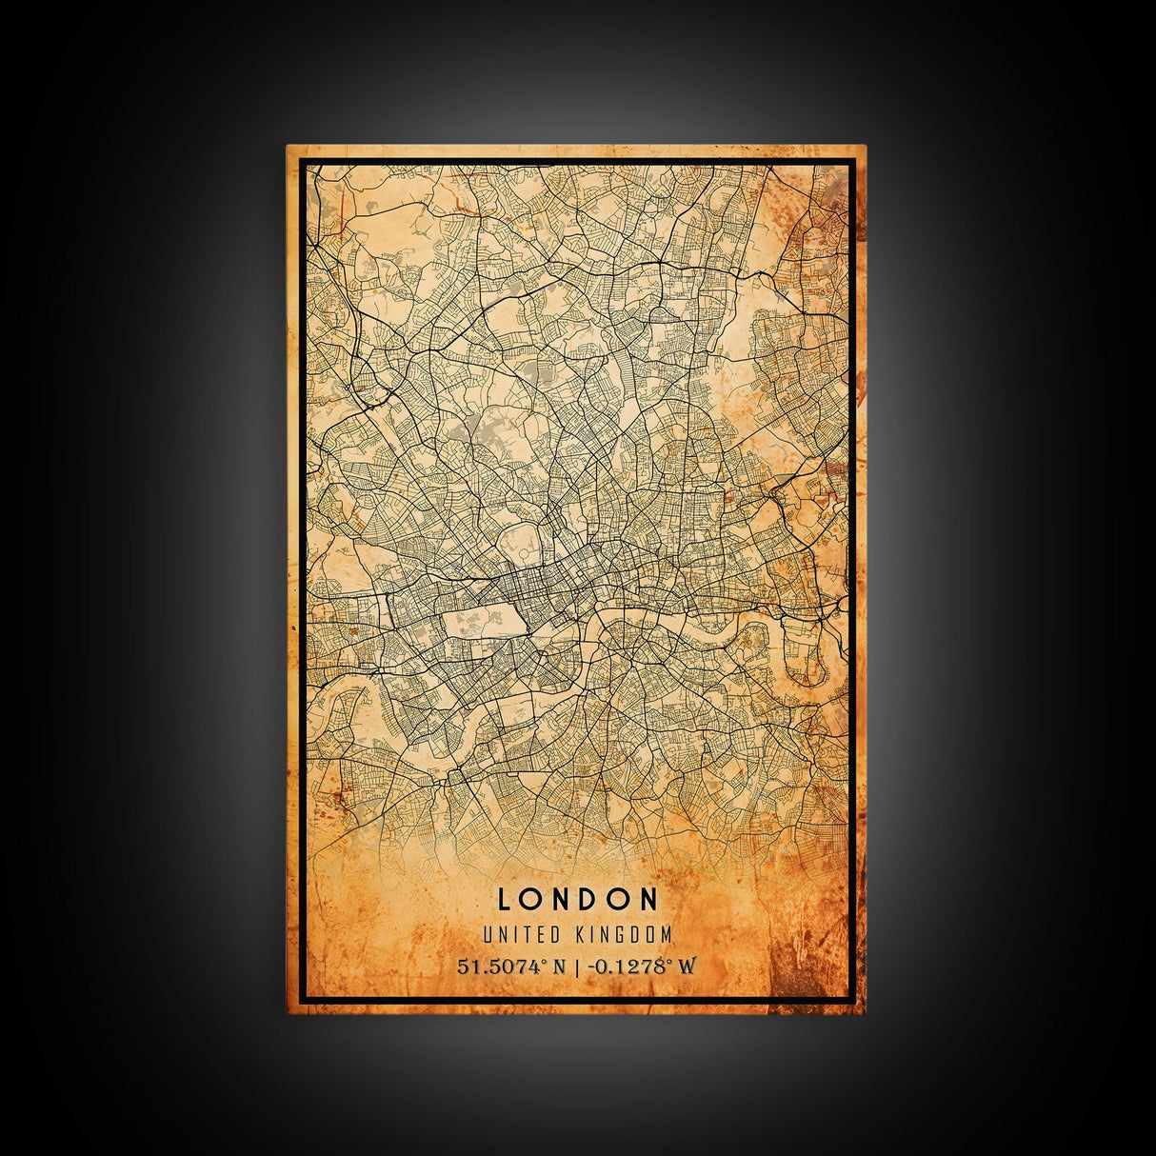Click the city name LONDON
click(x=577, y=899)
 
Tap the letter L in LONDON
click(x=504, y=899)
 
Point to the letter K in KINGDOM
click(x=581, y=935)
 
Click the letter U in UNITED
click(x=488, y=935)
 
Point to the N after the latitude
click(x=559, y=967)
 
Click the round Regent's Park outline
click(x=520, y=545)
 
